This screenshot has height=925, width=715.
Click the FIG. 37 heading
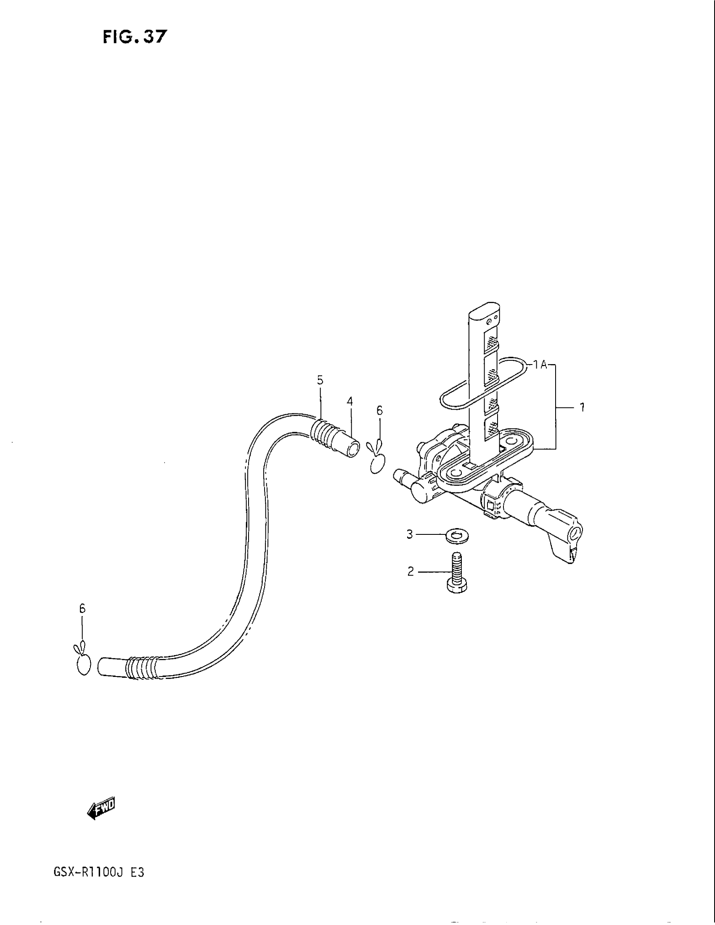tap(135, 37)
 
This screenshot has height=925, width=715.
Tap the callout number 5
tap(320, 381)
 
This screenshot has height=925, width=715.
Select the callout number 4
tap(350, 401)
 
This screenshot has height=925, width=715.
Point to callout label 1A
tap(540, 364)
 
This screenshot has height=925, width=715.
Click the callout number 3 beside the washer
tap(410, 534)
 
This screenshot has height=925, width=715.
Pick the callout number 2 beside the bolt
tap(410, 572)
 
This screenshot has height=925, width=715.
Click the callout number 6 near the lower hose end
tap(82, 609)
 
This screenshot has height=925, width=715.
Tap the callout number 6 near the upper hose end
tap(379, 410)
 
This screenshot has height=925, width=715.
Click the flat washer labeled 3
tap(457, 536)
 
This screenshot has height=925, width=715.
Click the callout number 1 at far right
tap(582, 407)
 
